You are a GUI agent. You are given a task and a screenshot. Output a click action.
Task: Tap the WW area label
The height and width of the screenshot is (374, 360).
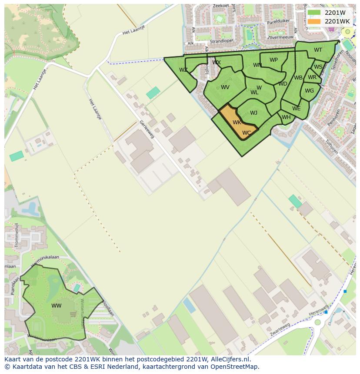(x=57, y=306)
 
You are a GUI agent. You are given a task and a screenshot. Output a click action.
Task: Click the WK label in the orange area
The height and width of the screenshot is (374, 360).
(x=237, y=122)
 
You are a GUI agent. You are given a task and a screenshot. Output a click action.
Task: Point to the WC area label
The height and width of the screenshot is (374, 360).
(x=247, y=133)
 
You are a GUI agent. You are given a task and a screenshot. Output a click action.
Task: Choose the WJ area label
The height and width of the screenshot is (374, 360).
(x=253, y=113)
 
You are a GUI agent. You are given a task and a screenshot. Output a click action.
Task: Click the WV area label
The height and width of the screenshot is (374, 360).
(x=225, y=87)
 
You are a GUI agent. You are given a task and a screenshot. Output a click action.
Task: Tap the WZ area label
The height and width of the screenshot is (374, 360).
(x=183, y=70)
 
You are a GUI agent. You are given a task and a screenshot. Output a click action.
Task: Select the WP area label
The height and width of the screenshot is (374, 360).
(x=273, y=60)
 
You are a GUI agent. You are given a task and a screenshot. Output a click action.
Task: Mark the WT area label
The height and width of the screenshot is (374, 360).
(x=318, y=50)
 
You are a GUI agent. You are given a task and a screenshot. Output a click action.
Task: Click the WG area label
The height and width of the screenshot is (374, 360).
(x=309, y=91)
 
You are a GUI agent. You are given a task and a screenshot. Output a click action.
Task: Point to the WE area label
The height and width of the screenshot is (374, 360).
(x=296, y=109)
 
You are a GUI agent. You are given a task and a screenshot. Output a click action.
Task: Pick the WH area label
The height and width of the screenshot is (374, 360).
(x=286, y=117)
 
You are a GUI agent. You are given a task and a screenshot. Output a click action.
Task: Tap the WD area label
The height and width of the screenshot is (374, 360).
(x=283, y=84)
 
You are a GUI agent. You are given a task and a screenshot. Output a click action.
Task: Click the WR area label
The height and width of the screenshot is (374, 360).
(x=312, y=77)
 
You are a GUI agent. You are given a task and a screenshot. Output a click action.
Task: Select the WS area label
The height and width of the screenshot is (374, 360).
(x=318, y=67)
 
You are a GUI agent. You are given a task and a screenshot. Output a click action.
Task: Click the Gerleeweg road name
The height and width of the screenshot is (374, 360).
(x=147, y=129)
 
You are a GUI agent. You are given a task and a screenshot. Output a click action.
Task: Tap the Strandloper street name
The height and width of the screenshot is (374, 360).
(x=222, y=42)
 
